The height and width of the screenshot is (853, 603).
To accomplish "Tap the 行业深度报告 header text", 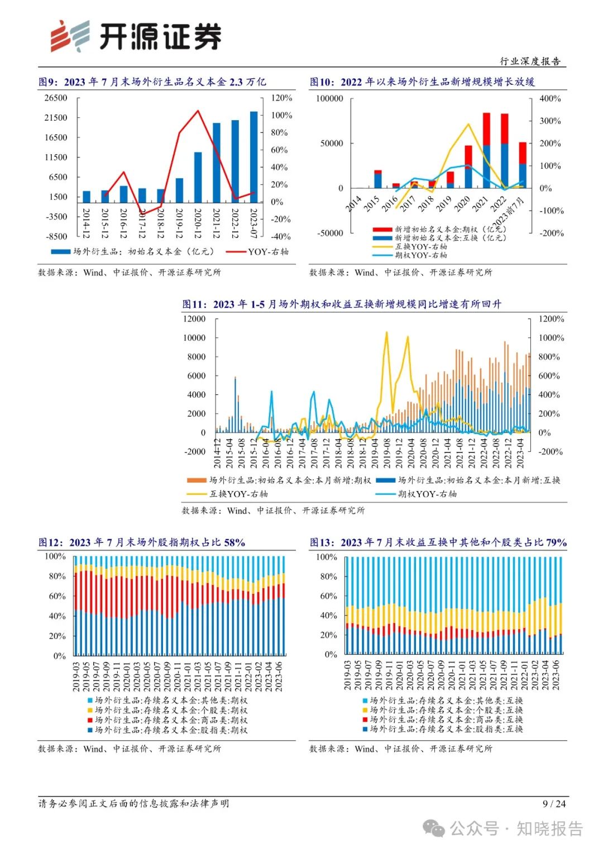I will pyautogui.click(x=530, y=61).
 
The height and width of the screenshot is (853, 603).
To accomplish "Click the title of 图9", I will pyautogui.click(x=152, y=82).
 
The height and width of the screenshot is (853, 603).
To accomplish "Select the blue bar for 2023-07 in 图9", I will pyautogui.click(x=253, y=157).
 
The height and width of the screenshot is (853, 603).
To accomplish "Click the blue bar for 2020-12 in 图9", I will pyautogui.click(x=198, y=177).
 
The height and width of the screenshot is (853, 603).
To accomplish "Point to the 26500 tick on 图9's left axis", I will pyautogui.click(x=56, y=98).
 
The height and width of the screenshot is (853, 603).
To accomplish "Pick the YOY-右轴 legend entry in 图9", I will pyautogui.click(x=258, y=252).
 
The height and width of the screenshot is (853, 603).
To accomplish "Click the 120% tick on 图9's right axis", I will pyautogui.click(x=281, y=98).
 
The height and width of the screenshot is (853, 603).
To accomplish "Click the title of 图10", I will pyautogui.click(x=422, y=82).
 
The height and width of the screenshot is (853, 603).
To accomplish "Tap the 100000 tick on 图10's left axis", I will pyautogui.click(x=329, y=98).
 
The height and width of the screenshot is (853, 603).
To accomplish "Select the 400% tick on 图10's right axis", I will pyautogui.click(x=550, y=98).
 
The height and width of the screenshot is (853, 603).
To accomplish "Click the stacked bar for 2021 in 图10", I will pyautogui.click(x=486, y=151).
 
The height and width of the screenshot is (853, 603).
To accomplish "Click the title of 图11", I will pyautogui.click(x=342, y=304).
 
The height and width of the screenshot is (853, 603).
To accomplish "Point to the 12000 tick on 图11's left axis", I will pyautogui.click(x=194, y=319).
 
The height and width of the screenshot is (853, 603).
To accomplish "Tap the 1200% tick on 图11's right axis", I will pyautogui.click(x=551, y=319).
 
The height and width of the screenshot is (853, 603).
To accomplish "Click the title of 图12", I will pyautogui.click(x=142, y=542).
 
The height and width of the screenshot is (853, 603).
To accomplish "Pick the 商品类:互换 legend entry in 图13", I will pyautogui.click(x=446, y=719).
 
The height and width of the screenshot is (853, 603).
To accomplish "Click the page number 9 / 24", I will pyautogui.click(x=554, y=803).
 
